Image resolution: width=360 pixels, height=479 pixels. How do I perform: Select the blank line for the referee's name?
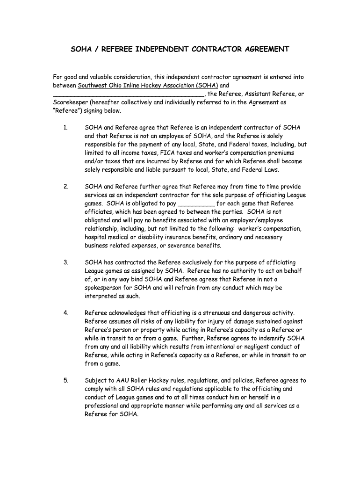coord(129,94)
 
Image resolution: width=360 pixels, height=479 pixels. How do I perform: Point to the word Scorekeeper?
coord(70,102)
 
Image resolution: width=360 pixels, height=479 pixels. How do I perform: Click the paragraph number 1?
coord(66,127)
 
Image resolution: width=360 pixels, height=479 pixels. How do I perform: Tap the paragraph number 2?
coord(66,186)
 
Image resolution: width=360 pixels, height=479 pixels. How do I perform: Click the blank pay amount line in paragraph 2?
coord(196,203)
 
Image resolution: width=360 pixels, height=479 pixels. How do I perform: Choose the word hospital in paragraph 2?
coord(96,237)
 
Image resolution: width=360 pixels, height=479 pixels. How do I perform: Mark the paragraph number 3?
coord(66,262)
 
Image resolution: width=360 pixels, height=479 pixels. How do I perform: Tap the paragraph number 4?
coord(66,313)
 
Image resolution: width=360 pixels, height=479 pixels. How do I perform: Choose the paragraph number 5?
coord(66,380)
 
